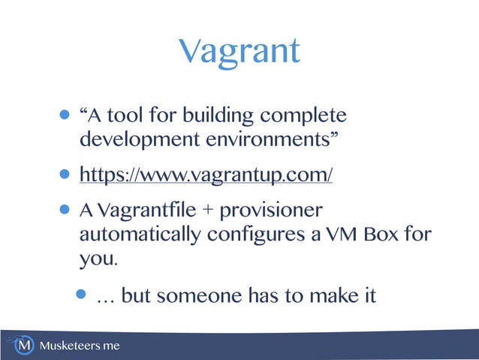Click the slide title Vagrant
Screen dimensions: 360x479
pos(239,51)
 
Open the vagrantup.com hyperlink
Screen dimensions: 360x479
pos(206,175)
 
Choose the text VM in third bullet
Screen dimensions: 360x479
pos(343,234)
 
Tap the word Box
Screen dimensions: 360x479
pos(384,234)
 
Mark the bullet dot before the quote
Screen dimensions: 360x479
pos(65,116)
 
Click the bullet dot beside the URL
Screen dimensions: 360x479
pos(65,175)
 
